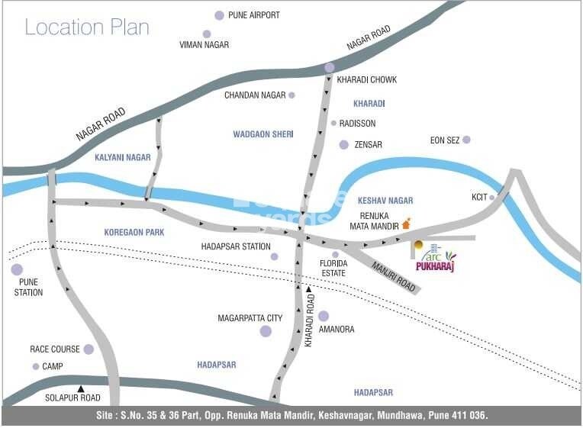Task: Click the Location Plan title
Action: (x=87, y=27)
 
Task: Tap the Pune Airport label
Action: (x=254, y=14)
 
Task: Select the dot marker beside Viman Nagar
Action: (x=206, y=34)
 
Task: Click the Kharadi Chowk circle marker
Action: (x=329, y=68)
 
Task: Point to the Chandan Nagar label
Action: (x=254, y=95)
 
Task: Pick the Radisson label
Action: (x=357, y=123)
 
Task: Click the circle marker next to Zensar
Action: (x=344, y=144)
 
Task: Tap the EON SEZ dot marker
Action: (x=466, y=140)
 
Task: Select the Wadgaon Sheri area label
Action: (x=263, y=134)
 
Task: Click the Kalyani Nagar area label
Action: (x=123, y=157)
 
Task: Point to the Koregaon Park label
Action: (x=134, y=231)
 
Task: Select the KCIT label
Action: (x=479, y=197)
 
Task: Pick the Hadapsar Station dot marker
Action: (x=274, y=256)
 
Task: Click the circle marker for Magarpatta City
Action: (x=266, y=330)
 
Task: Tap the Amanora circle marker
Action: (x=324, y=316)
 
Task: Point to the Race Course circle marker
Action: (x=89, y=349)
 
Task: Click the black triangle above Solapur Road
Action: (x=80, y=388)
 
